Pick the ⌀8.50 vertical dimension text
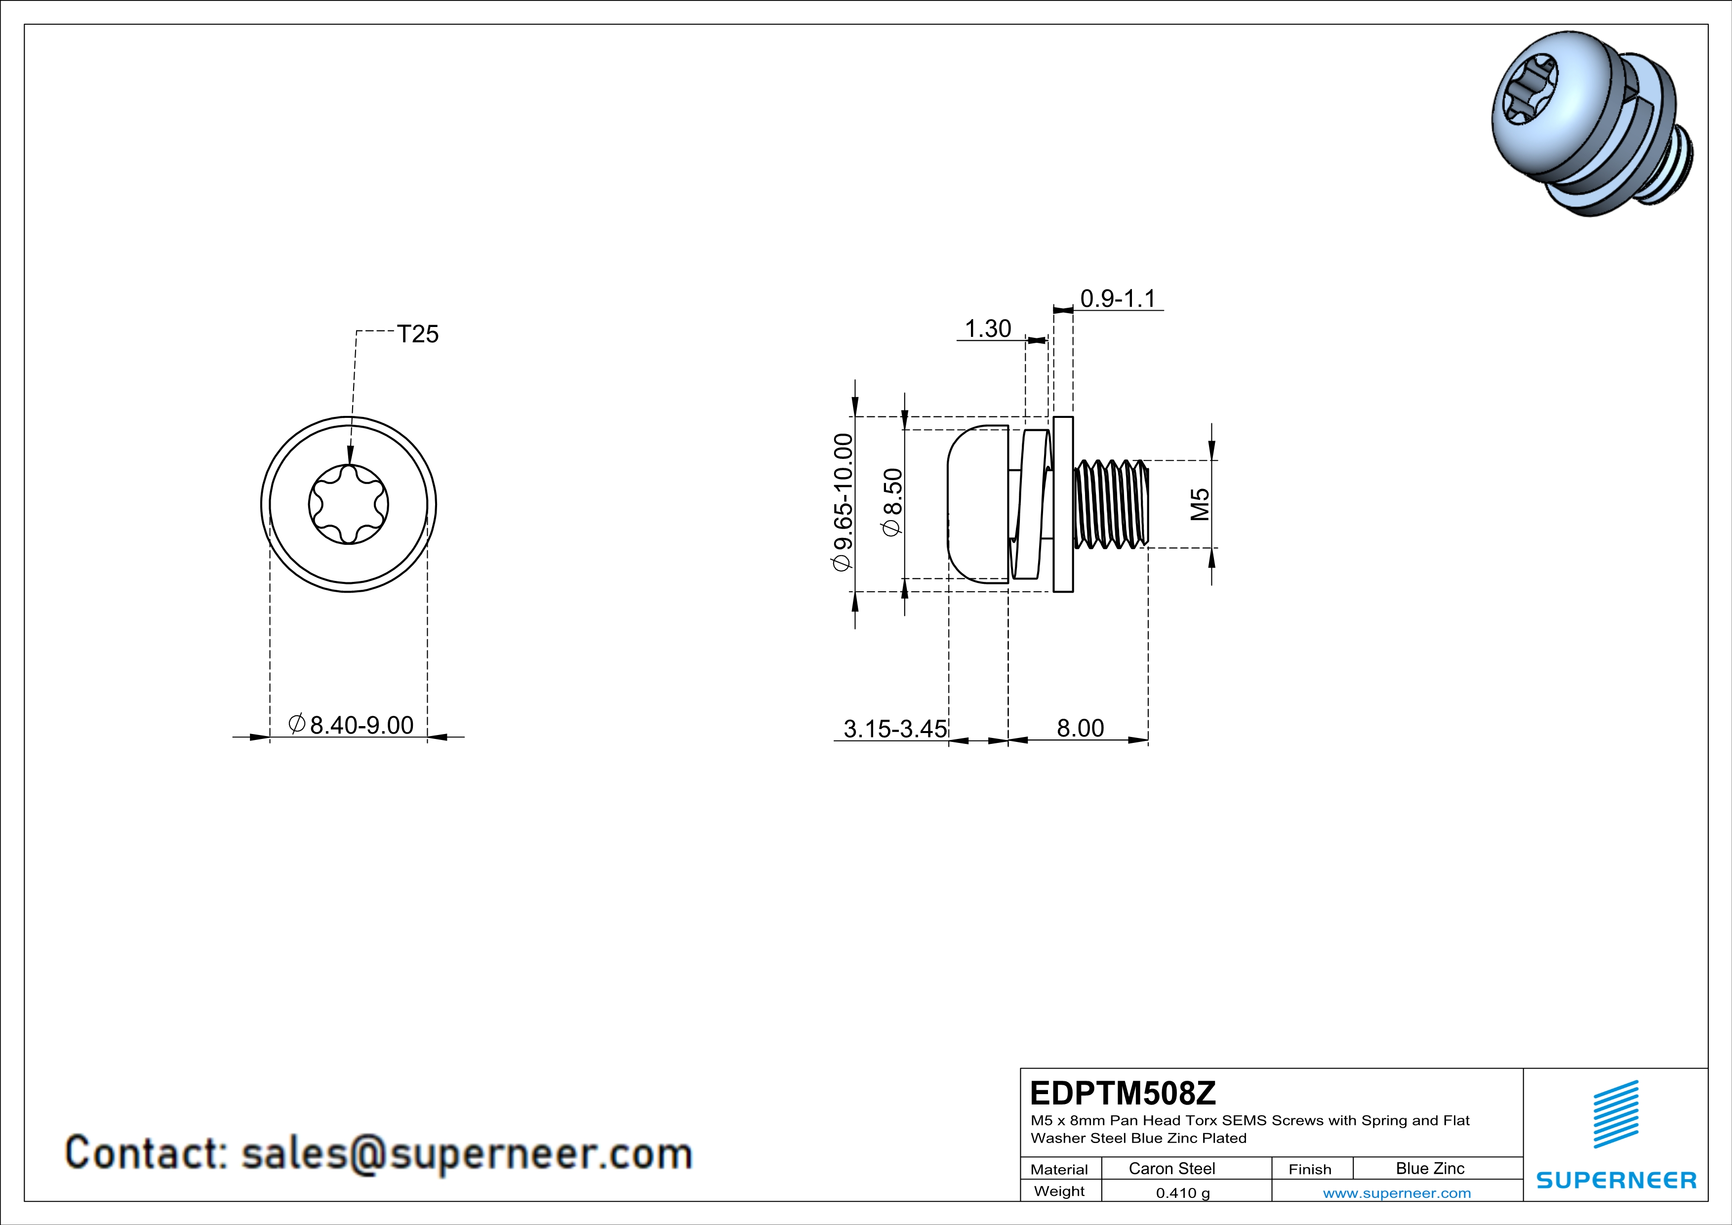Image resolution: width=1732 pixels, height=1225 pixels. (892, 502)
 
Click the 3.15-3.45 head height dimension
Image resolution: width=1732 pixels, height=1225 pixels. (895, 728)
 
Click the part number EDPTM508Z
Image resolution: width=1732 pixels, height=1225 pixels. (1123, 1092)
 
